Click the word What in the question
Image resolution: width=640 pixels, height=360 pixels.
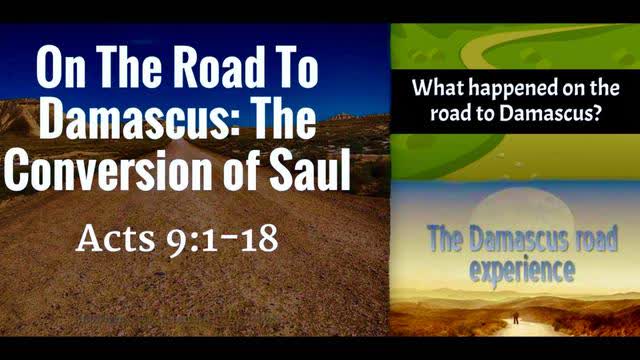click(x=440, y=88)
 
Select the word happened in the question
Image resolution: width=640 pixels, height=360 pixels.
click(x=513, y=88)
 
